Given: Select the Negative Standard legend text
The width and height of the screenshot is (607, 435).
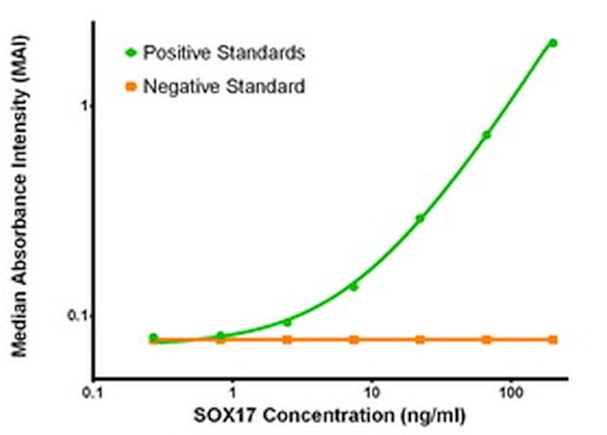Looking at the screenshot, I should [x=224, y=87].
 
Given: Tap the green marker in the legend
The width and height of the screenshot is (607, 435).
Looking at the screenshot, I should [x=131, y=52].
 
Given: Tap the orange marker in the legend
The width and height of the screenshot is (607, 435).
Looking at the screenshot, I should [x=131, y=87].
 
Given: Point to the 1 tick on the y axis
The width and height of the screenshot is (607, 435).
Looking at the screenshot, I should [x=80, y=105].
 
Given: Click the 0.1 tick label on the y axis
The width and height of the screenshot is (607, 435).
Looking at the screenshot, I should [x=75, y=316].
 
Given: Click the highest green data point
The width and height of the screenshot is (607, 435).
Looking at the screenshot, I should [x=553, y=43].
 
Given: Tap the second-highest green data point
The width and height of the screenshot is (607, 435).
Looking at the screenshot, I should [x=487, y=134].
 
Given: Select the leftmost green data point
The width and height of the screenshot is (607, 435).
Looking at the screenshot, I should [x=153, y=337].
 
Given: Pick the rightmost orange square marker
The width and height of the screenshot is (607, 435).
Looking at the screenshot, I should [x=553, y=340].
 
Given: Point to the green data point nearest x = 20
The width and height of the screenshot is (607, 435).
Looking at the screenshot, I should [x=420, y=218].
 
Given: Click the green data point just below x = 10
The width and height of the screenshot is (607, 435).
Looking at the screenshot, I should [x=354, y=287].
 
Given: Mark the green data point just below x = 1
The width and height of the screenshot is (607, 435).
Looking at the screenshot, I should [x=220, y=335].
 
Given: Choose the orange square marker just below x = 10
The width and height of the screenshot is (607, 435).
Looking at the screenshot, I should [x=354, y=340].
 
